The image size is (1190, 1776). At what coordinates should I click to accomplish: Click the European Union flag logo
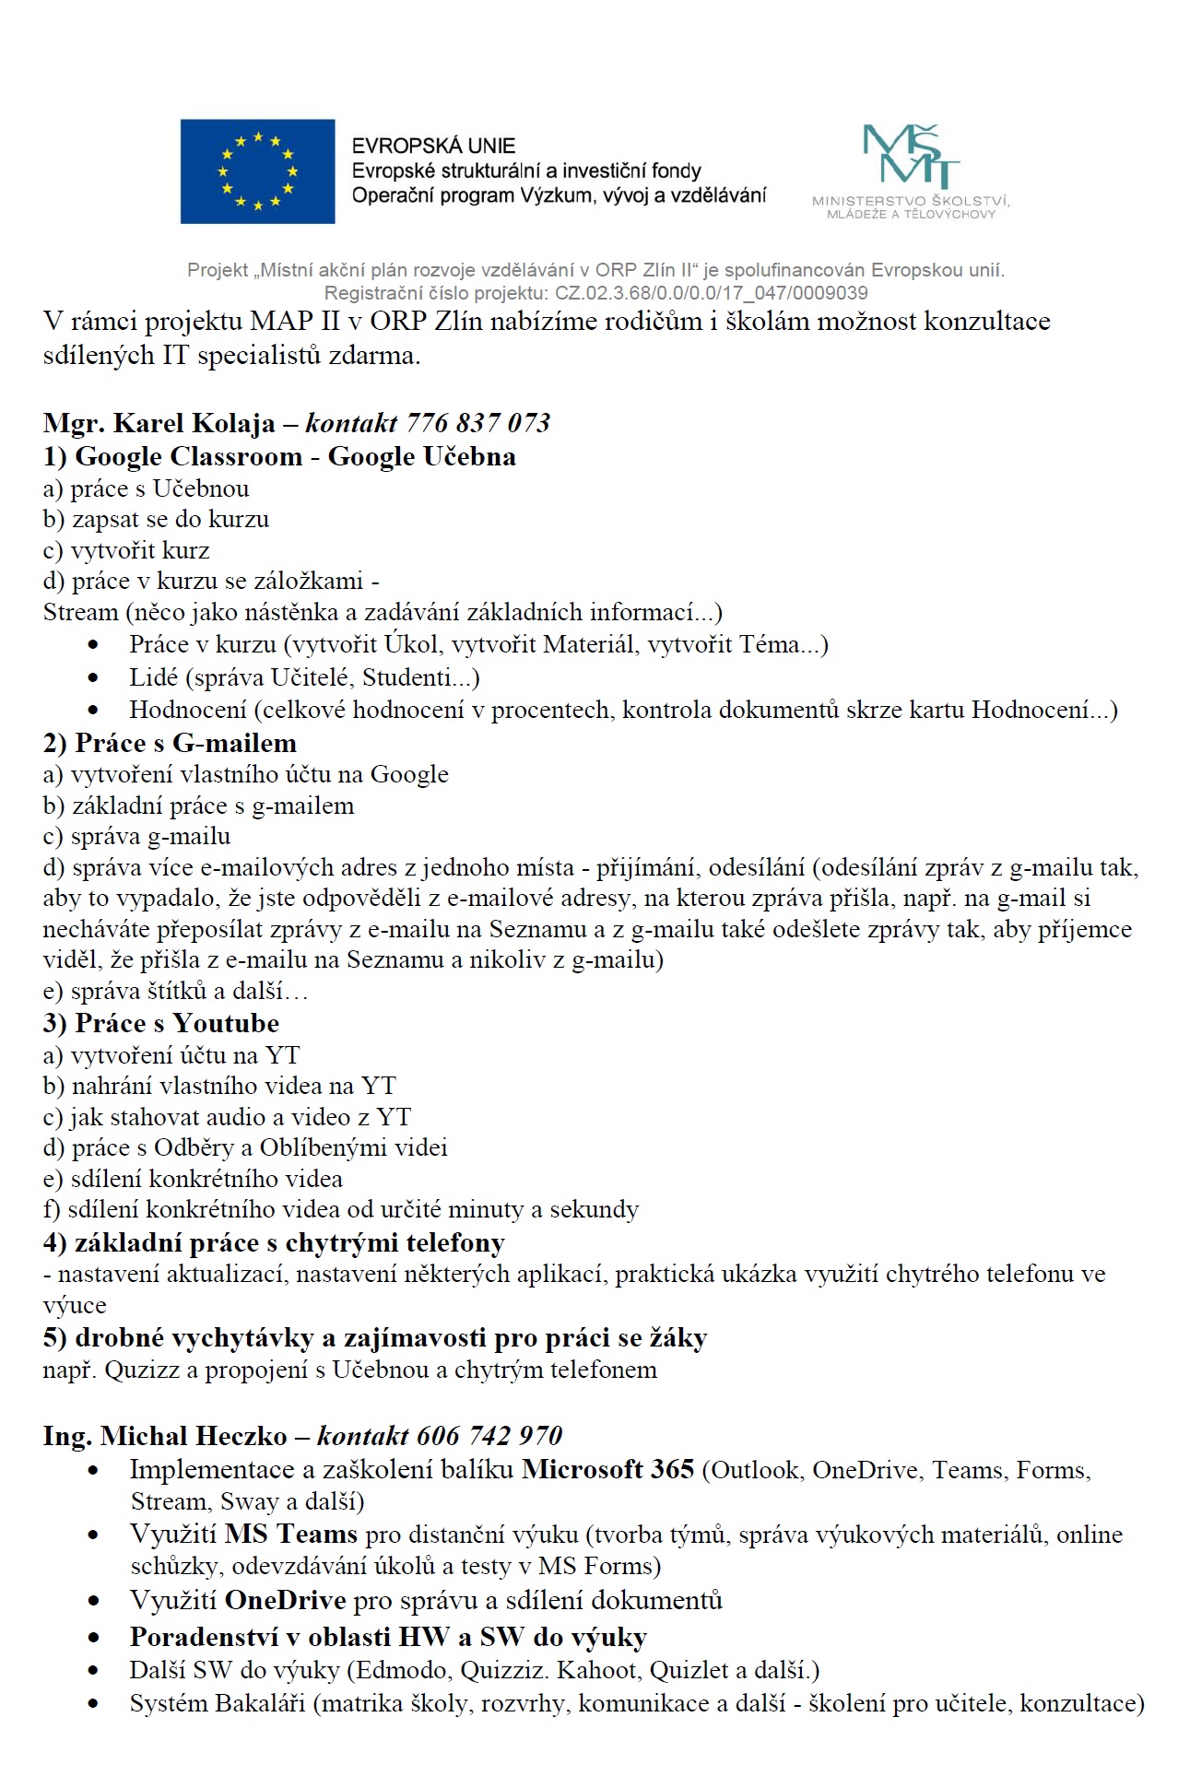coord(257,171)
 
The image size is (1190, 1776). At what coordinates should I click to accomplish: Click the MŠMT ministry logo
coord(911,171)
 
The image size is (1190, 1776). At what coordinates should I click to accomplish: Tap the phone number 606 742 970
coord(489,1435)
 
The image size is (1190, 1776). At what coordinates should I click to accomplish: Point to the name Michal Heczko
coord(194,1435)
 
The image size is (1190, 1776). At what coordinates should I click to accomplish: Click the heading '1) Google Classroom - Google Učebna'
coord(279,456)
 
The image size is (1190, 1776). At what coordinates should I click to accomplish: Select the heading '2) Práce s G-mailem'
coord(170,743)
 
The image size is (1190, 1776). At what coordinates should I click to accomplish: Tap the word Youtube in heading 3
coord(226,1023)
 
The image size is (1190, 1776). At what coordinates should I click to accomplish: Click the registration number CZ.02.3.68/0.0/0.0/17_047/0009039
coord(711,293)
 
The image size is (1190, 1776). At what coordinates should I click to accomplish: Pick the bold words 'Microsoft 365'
coord(607,1468)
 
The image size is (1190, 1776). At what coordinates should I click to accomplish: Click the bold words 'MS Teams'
coord(290,1534)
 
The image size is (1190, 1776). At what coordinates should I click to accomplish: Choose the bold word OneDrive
coord(285,1599)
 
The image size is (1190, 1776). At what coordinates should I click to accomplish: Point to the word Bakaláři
coord(261,1702)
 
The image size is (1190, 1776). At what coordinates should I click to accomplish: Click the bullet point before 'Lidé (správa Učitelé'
coord(93,677)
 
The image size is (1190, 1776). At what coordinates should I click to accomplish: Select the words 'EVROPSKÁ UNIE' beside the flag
coord(433,146)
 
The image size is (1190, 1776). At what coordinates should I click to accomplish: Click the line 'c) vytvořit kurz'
coord(126,550)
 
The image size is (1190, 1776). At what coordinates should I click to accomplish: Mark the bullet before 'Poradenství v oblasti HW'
coord(93,1638)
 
